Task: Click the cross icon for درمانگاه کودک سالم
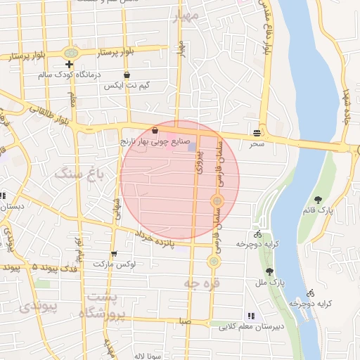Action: point(69,65)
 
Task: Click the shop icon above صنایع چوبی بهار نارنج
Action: point(155,130)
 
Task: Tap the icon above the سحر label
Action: point(257,132)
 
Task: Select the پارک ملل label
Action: point(268,282)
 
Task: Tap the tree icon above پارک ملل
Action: point(269,271)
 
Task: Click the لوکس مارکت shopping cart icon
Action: point(114,254)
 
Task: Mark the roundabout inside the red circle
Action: point(218,201)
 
